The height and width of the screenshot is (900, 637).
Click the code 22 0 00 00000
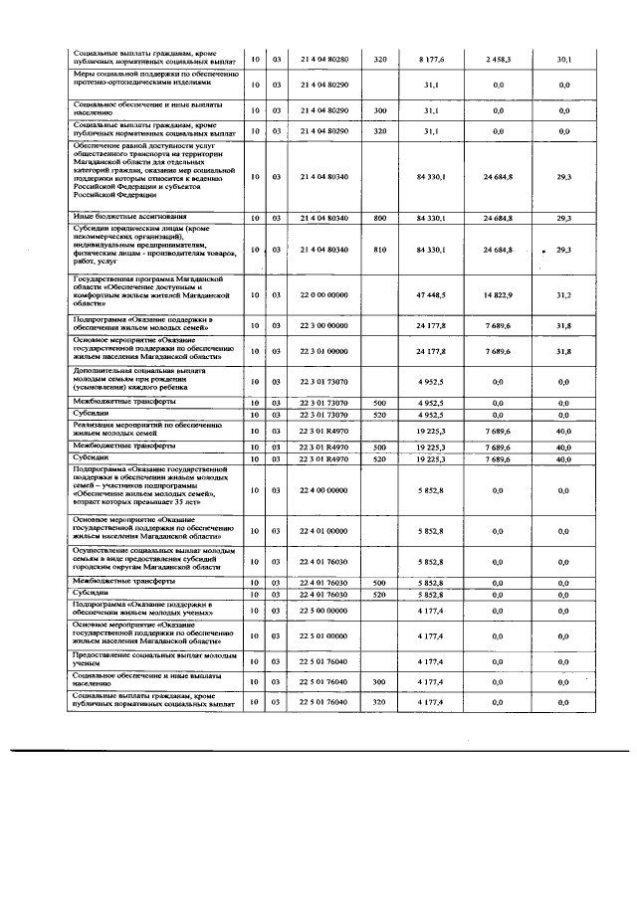[x=323, y=295]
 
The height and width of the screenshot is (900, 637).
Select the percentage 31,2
[x=563, y=295]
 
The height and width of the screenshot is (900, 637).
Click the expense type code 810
[x=379, y=249]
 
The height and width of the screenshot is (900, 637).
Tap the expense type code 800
[x=379, y=217]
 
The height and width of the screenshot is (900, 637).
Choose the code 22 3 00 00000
[x=323, y=325]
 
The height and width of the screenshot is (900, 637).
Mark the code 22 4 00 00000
[x=323, y=490]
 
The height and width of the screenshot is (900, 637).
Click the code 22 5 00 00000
[x=323, y=610]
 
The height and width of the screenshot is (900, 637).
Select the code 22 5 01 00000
[x=323, y=635]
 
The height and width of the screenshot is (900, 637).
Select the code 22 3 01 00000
[x=323, y=351]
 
